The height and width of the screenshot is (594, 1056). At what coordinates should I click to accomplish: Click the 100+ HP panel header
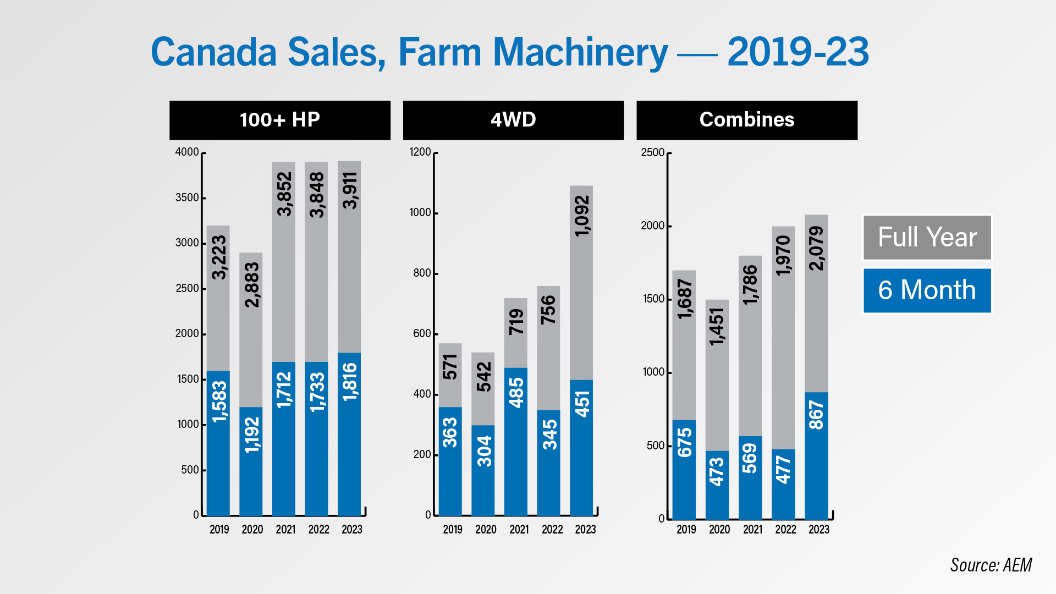(x=279, y=120)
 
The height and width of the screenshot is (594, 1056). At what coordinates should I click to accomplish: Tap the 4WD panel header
(x=513, y=120)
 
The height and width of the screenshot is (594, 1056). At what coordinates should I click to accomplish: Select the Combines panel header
(x=746, y=120)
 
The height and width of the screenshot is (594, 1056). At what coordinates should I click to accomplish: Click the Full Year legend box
(x=927, y=237)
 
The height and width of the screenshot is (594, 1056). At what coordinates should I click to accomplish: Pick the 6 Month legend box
(x=927, y=290)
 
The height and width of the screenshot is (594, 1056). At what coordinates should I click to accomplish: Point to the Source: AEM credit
(x=991, y=565)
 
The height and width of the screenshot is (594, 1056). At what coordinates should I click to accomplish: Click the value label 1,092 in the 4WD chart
(x=581, y=216)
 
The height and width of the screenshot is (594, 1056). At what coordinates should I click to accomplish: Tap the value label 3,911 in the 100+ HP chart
(x=350, y=190)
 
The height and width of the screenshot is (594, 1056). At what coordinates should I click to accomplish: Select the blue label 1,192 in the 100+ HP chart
(x=251, y=435)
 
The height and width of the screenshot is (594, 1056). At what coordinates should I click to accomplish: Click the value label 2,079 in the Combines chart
(x=816, y=248)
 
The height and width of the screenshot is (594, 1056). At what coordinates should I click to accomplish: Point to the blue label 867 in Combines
(x=816, y=415)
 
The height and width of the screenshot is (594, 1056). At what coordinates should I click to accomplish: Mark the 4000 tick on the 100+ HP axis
(x=187, y=152)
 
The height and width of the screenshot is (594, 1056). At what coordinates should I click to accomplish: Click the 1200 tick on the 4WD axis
(x=420, y=152)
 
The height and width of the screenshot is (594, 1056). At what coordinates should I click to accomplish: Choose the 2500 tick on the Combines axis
(x=653, y=152)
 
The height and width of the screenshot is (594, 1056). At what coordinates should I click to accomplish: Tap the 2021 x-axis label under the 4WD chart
(x=519, y=529)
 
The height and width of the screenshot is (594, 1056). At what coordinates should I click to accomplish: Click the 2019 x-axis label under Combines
(x=686, y=529)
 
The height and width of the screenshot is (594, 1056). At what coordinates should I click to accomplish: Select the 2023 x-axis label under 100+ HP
(x=351, y=529)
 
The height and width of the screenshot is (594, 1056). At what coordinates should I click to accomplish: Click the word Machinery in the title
(x=580, y=53)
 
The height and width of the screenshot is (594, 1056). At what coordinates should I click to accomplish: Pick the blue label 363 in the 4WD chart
(x=450, y=432)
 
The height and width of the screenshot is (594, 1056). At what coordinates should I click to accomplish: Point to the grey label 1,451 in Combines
(x=717, y=326)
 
